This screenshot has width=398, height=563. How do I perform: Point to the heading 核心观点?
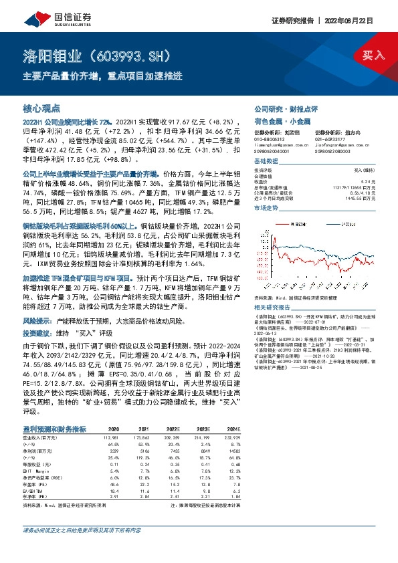click(41, 108)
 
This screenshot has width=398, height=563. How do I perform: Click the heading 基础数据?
click(266, 162)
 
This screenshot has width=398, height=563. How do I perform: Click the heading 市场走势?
click(266, 209)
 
